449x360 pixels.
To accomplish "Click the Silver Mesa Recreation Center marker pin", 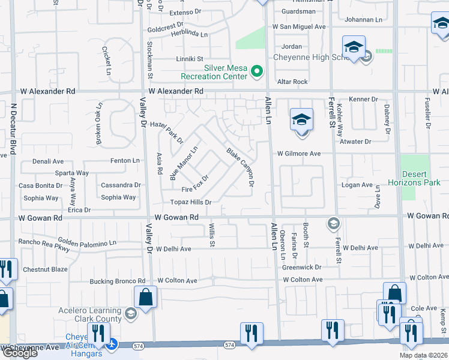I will (x=258, y=72).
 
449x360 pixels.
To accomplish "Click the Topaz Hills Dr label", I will (x=190, y=202).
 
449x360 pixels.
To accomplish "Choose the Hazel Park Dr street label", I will (x=166, y=131).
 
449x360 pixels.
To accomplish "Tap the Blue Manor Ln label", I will (x=184, y=163).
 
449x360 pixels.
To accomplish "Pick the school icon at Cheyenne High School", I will (x=353, y=47).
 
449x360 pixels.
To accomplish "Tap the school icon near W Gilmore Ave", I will (x=301, y=119).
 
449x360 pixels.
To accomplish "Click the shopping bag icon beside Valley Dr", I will (x=146, y=296).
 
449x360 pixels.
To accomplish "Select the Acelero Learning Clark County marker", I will (x=131, y=313).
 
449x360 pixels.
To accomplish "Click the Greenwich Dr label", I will (x=302, y=267).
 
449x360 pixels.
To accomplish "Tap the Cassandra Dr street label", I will (x=120, y=185).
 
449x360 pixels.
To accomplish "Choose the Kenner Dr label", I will (x=363, y=99).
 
